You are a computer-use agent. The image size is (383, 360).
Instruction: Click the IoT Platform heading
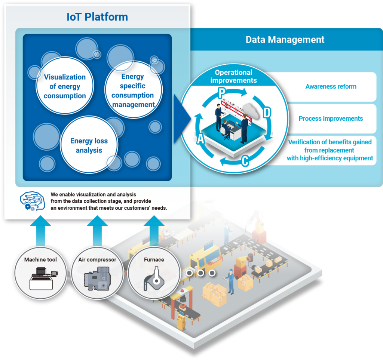97,17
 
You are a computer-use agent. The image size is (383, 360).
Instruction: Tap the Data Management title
285,40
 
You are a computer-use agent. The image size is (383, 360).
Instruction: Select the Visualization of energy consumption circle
64,86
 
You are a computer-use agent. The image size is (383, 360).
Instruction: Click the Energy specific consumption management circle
133,90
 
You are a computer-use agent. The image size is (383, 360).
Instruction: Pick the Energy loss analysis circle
89,145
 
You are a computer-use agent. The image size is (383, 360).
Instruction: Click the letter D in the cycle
266,113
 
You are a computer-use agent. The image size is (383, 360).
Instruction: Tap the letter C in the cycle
245,161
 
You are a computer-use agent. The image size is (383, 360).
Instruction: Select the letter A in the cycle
200,139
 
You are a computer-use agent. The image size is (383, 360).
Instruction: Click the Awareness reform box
331,86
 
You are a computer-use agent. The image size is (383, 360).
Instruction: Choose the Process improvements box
331,119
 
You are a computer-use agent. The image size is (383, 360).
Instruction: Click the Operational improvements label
234,76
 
